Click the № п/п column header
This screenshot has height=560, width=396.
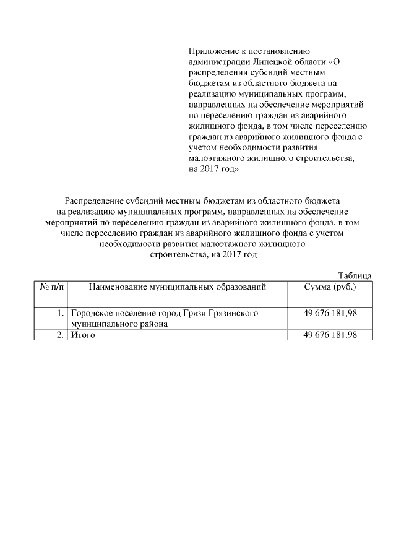[x=53, y=286]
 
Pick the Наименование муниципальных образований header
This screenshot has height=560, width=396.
[x=177, y=286]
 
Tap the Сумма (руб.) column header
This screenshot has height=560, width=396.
[x=330, y=286]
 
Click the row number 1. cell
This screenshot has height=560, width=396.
[x=60, y=314]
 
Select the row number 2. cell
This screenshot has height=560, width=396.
[x=60, y=335]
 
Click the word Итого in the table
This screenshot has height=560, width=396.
[x=82, y=335]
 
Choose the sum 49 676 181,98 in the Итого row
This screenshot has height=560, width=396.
[x=330, y=335]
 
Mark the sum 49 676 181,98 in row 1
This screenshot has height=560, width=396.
[x=330, y=314]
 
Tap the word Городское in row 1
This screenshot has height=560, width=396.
[x=91, y=314]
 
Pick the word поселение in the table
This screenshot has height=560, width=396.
[x=136, y=314]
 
